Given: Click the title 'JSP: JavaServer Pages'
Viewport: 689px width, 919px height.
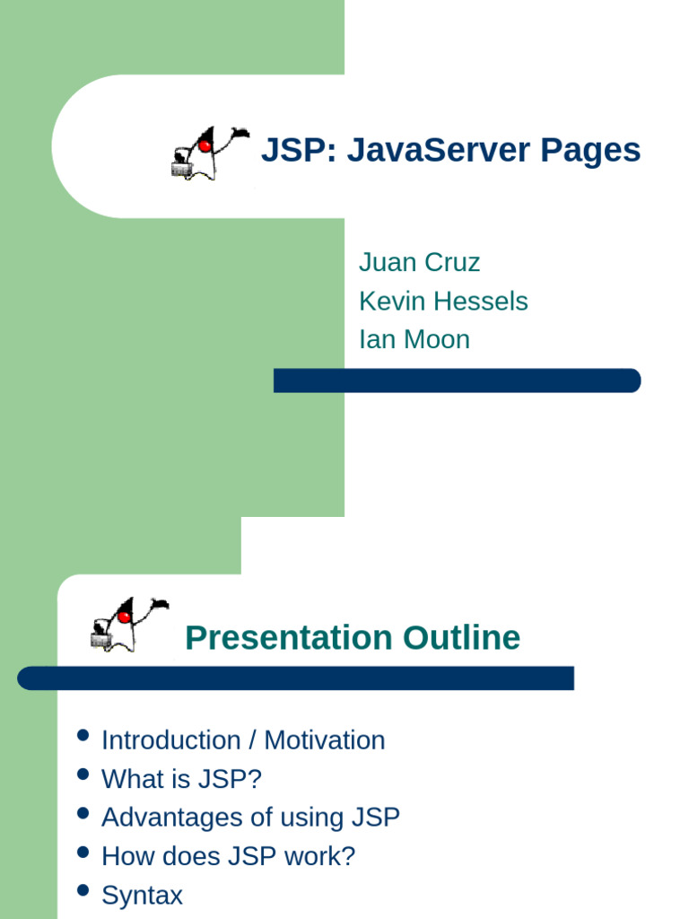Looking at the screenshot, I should tap(450, 150).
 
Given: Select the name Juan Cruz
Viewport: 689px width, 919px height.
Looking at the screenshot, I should tap(419, 262).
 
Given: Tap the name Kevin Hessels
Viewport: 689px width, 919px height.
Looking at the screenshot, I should tap(443, 301).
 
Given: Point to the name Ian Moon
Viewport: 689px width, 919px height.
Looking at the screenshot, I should tap(414, 339).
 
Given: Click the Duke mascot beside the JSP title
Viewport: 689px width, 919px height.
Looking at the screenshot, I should tap(208, 153).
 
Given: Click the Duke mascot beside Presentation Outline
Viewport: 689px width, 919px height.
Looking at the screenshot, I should tap(128, 623).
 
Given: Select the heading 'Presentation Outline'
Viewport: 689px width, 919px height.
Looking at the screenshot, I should tap(352, 638).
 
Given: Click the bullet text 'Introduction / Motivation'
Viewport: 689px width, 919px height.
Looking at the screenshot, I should tap(243, 740).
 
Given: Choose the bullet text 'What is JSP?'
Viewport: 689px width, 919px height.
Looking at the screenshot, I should tap(181, 779).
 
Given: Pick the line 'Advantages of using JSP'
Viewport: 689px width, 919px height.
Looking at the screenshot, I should tap(250, 818).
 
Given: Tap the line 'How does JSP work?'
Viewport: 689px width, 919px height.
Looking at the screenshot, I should tap(228, 856).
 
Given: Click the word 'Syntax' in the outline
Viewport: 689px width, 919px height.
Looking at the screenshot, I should tap(142, 895).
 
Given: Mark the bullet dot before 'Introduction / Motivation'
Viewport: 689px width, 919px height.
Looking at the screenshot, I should tap(83, 737).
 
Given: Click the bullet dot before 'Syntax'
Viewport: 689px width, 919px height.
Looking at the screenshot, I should tap(83, 891).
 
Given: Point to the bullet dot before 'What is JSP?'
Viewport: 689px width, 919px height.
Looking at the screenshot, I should tap(83, 775).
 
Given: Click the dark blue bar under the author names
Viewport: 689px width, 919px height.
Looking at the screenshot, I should tap(457, 381).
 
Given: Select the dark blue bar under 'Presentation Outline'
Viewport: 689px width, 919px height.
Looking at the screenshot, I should tap(295, 678).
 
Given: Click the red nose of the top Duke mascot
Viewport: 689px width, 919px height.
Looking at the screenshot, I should tap(205, 145).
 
